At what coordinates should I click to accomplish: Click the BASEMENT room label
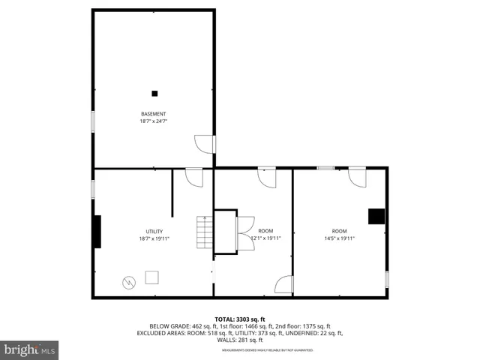153,114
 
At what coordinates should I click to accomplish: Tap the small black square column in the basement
154,93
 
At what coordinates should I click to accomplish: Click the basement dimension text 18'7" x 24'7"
153,121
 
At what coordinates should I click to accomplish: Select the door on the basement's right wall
204,143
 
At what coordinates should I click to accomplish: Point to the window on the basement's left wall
93,121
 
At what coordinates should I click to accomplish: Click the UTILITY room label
154,231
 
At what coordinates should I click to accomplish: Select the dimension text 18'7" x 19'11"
154,238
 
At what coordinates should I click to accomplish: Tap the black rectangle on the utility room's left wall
97,232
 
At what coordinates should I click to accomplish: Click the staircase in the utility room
205,232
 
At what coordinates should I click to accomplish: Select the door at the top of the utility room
194,177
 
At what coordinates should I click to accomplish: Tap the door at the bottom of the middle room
284,285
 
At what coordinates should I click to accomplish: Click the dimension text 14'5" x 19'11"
339,238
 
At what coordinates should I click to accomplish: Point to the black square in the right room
376,216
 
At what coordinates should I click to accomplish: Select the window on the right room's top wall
325,168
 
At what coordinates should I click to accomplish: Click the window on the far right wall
387,279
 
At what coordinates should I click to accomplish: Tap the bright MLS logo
30,349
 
